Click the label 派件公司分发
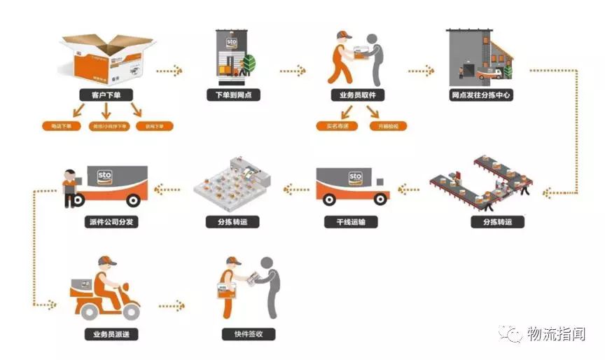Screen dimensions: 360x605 coord(106,223)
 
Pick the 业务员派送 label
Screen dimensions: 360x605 coord(106,335)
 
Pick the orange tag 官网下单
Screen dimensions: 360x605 coord(154,127)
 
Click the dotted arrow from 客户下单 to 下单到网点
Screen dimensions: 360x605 coord(170,70)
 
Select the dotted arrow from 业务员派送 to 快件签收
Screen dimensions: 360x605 coord(172,305)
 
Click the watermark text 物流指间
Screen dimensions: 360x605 coord(555,334)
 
